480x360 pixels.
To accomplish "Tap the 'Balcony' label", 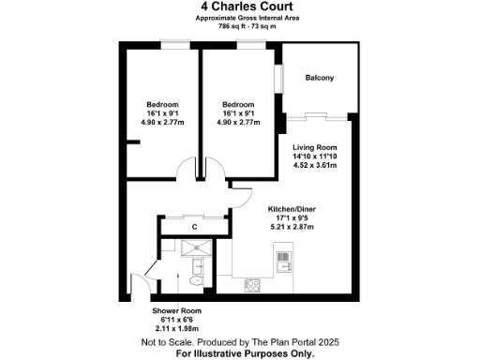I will [320, 78].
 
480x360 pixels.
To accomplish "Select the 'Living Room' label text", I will [314, 148].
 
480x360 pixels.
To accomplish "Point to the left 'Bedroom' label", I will [161, 103].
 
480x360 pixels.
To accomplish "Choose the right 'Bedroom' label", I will [237, 103].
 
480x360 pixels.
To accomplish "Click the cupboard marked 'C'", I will [194, 227].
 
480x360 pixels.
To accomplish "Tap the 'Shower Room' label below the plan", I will [176, 310].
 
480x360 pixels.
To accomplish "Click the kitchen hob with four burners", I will [252, 284].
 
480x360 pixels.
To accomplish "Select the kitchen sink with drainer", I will [281, 256].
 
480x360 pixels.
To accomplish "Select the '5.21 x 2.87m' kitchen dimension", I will [290, 226].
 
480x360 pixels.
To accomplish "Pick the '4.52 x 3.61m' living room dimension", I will [314, 165].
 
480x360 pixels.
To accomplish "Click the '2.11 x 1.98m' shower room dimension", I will [176, 328].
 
